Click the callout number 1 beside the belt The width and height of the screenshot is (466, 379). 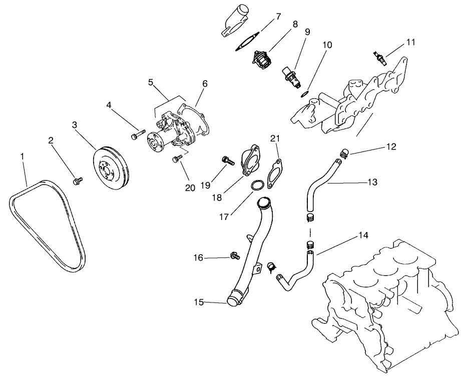pyautogui.click(x=22, y=157)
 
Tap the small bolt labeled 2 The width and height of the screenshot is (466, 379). pyautogui.click(x=78, y=180)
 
